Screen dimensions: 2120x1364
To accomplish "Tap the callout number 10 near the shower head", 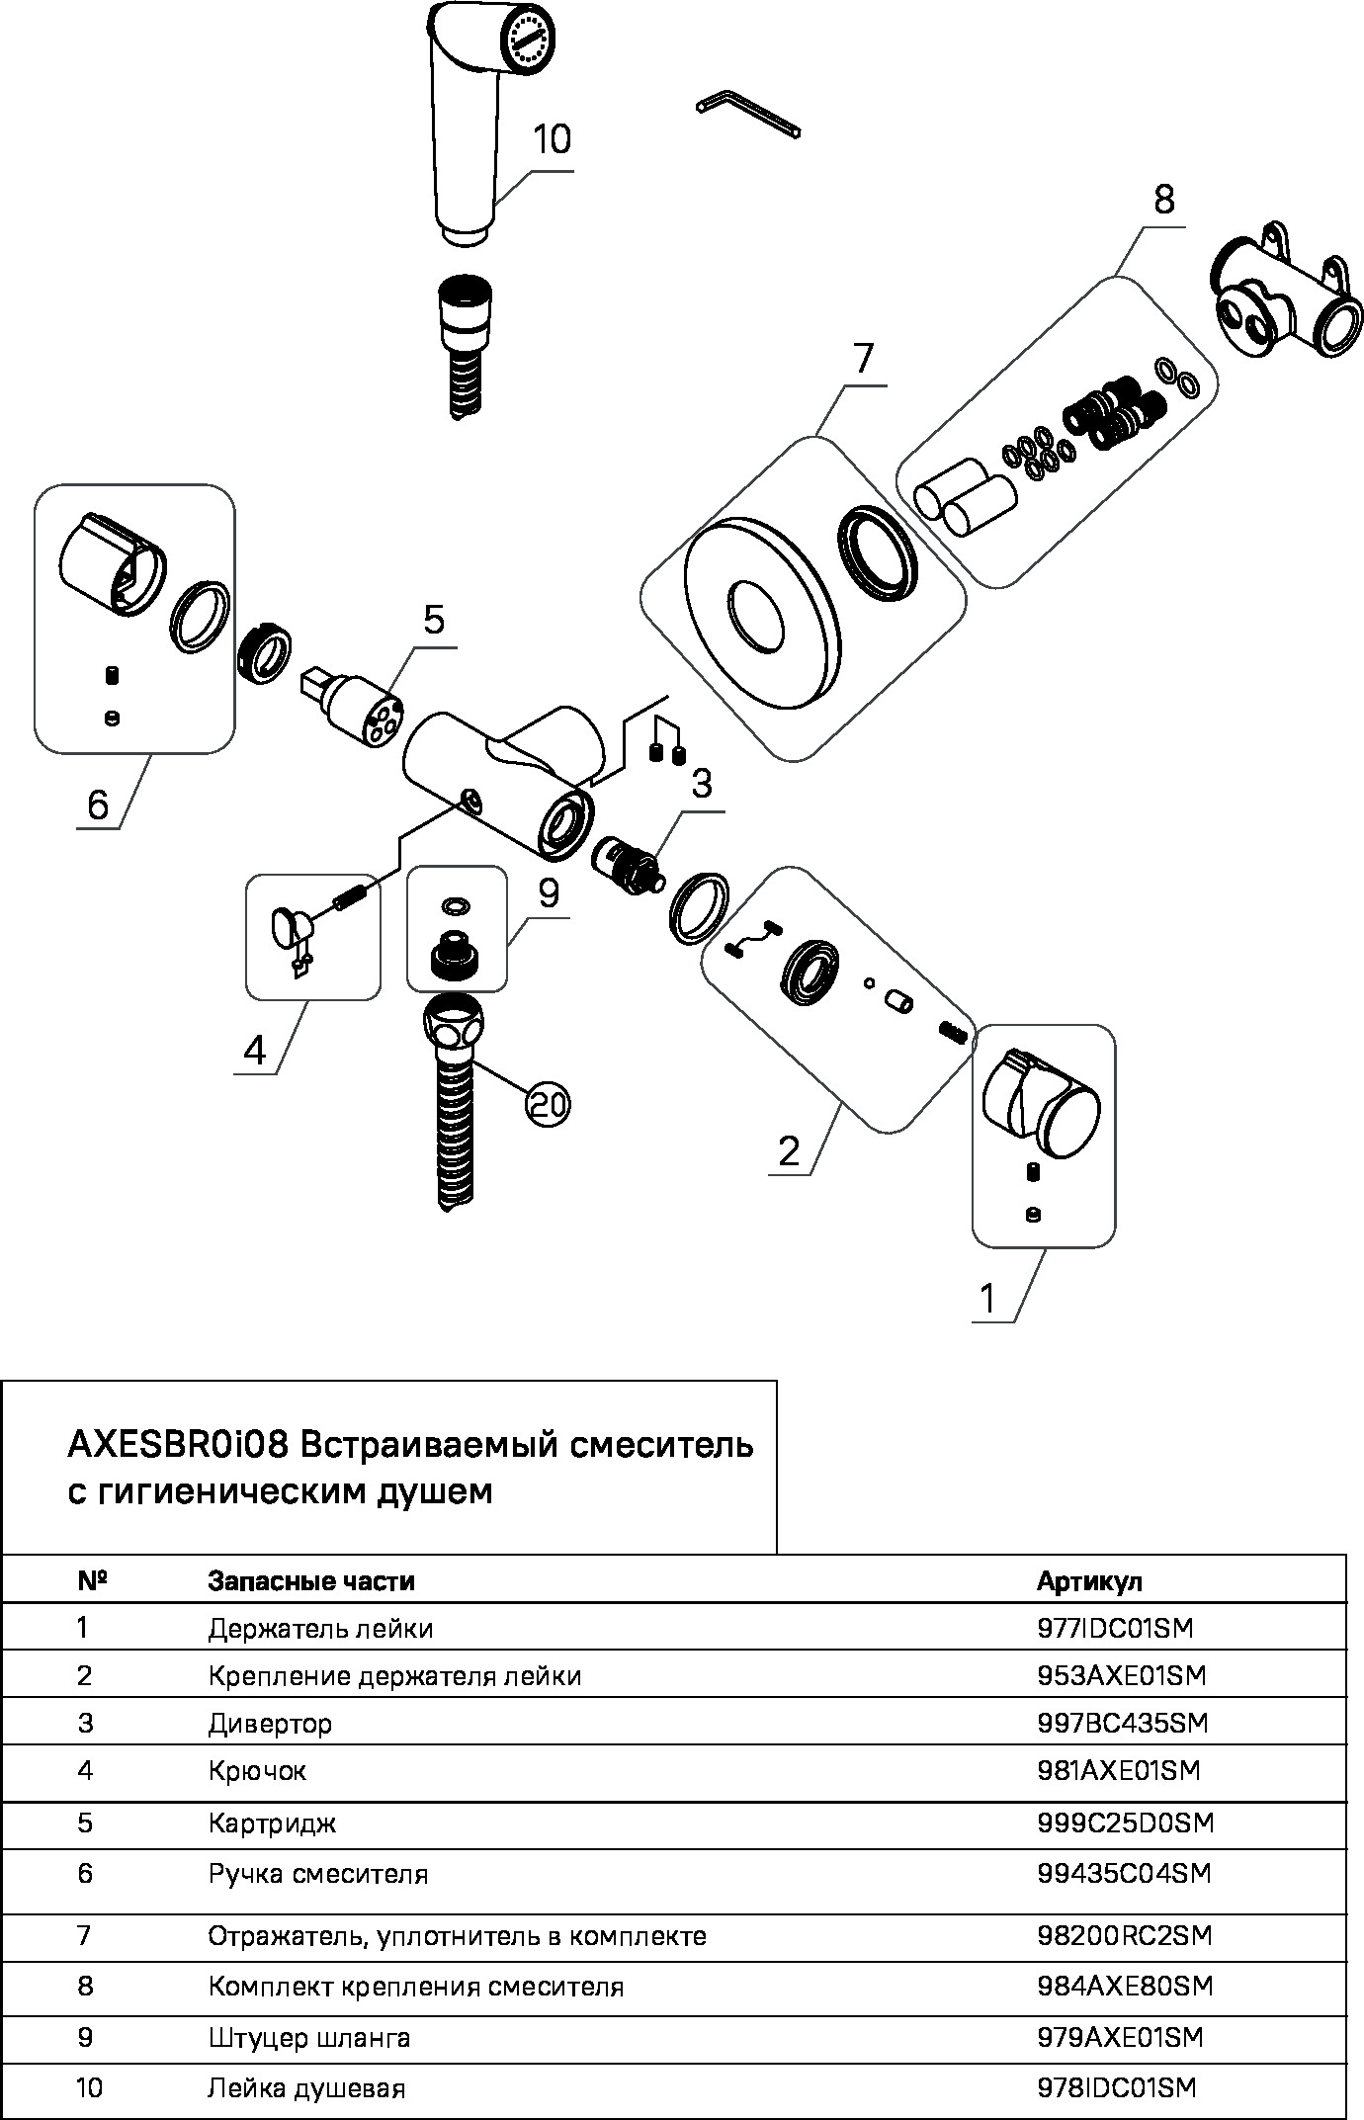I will (552, 139).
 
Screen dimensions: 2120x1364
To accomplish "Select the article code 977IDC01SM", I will (1115, 1628).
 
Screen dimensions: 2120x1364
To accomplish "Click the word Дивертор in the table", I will (269, 1724).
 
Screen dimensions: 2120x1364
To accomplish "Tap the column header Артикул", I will (1088, 1581).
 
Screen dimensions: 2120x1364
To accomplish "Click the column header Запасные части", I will (310, 1581).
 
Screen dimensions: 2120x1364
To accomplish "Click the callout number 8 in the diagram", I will (1163, 201).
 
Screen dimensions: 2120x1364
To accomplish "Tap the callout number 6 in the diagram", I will (98, 804).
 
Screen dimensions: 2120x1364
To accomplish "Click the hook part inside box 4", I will (290, 929).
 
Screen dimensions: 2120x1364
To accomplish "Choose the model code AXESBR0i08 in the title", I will (177, 1445).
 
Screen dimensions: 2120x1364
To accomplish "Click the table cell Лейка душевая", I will (306, 2088).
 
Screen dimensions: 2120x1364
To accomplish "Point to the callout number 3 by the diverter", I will (701, 785).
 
